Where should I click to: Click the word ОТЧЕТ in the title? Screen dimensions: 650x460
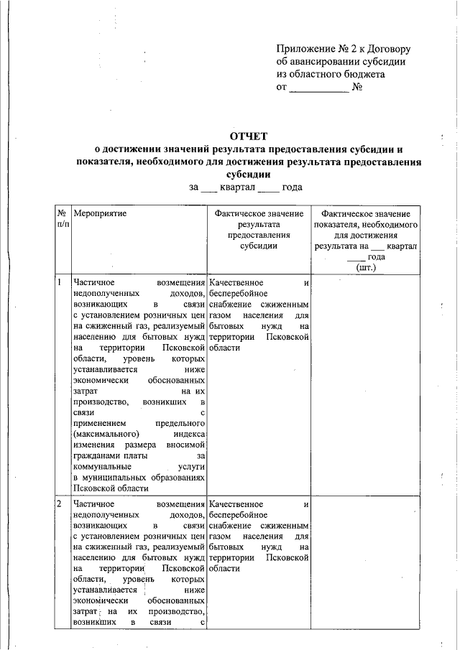247,136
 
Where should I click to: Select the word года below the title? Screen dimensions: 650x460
292,187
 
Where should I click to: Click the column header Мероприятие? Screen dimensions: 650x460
99,214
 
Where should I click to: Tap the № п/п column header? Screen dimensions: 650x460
63,219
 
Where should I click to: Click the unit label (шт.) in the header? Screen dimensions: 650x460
366,266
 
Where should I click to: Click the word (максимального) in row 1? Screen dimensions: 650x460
106,434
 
